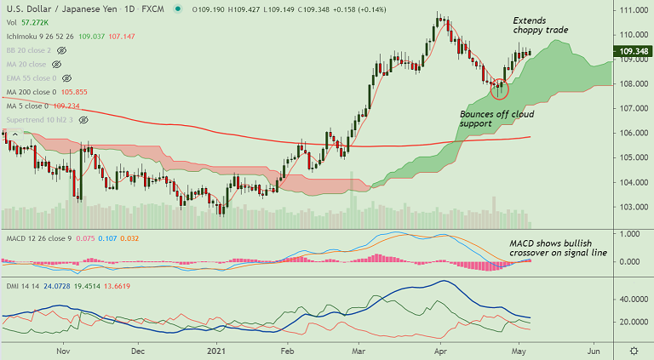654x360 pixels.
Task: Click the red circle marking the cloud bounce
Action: (500, 88)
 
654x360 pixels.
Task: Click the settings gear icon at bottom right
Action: (634, 350)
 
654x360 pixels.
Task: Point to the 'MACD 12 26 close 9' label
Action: (38, 239)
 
